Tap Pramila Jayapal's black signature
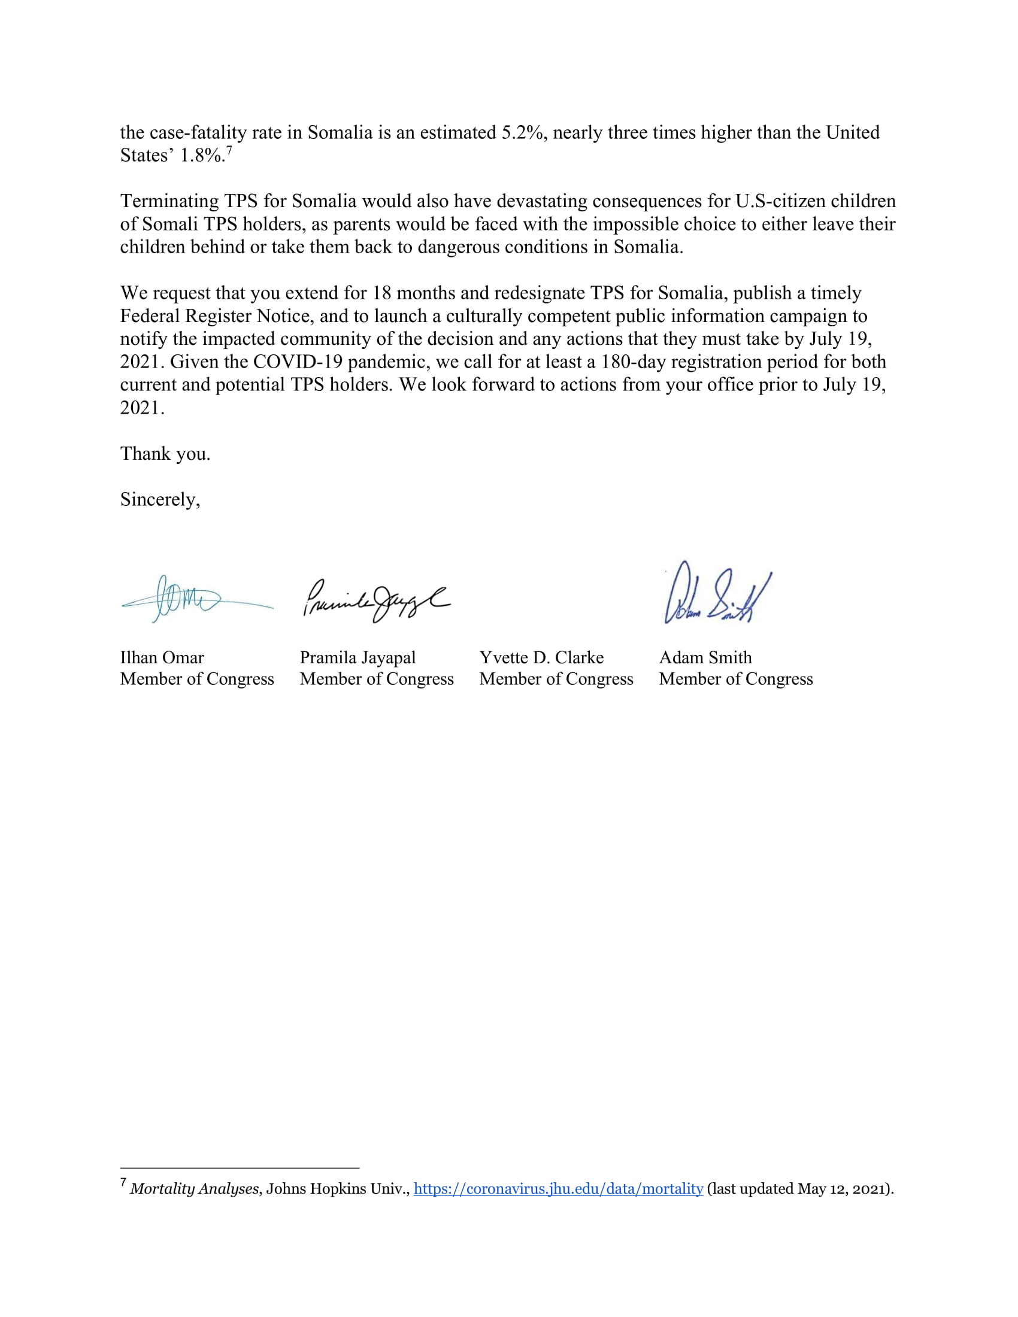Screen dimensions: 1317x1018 click(x=375, y=600)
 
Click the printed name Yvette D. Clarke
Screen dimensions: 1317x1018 click(x=541, y=657)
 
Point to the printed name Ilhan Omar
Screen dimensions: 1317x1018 click(x=162, y=657)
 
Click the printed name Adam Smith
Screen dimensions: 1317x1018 click(x=705, y=657)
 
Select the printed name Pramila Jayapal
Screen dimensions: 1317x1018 click(x=357, y=657)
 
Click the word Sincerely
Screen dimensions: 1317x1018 click(x=159, y=499)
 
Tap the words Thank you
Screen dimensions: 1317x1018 click(x=165, y=454)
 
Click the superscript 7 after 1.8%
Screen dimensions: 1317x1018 click(x=229, y=150)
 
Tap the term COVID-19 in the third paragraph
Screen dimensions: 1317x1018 click(x=298, y=362)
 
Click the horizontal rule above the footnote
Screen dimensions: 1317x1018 click(x=240, y=1168)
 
